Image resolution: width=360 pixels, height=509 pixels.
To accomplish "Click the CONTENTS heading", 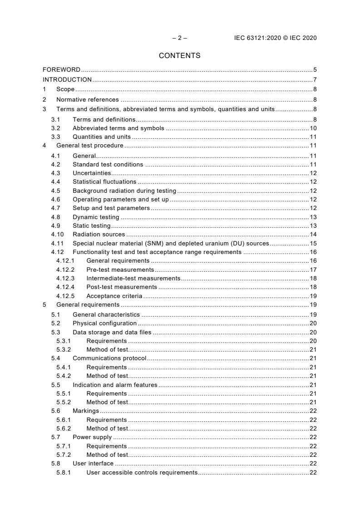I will point(179,56).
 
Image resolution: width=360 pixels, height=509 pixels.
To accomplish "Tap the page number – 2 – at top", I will point(179,38).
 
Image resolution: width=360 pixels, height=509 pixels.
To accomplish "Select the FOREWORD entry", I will point(61,70).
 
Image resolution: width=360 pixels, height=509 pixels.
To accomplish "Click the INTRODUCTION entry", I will point(67,80).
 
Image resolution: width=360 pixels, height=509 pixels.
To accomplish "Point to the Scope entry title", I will point(65,90).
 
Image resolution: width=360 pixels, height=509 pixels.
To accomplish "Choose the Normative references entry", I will point(87,100).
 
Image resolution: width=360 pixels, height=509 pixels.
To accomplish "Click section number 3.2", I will point(55,128).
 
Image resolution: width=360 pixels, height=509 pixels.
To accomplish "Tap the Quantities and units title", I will point(102,137).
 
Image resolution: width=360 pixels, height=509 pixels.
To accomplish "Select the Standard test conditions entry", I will point(108,164).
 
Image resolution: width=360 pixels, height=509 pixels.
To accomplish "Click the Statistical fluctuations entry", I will point(104,182).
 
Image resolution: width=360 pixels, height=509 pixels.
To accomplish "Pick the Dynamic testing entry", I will point(96,217).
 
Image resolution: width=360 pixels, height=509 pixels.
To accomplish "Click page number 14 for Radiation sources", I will point(313,235).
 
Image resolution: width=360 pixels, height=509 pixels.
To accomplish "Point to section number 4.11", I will point(57,243).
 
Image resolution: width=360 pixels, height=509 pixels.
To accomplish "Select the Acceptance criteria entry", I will point(114,296).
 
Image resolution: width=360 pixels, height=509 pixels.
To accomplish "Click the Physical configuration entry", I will point(104,323).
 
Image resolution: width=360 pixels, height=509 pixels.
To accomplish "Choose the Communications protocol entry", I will point(109,358).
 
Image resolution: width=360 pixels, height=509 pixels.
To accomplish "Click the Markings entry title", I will point(85,411).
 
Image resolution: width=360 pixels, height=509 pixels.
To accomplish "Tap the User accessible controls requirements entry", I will point(142,473).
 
